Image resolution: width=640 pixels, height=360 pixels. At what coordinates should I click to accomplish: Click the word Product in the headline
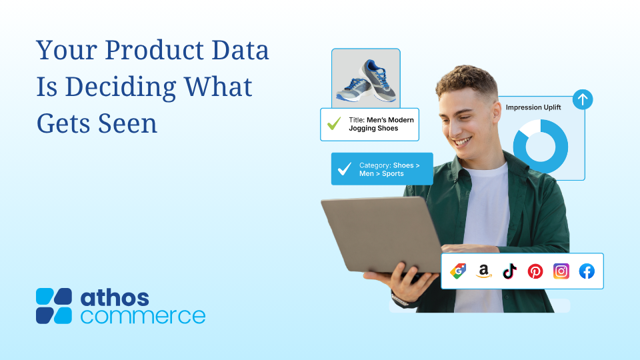pyautogui.click(x=154, y=50)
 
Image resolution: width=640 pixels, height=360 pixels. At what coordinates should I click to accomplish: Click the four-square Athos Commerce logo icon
pyautogui.click(x=54, y=306)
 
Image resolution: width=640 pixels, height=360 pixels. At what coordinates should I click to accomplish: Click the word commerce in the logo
pyautogui.click(x=143, y=316)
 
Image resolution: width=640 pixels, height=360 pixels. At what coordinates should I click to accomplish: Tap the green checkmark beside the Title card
pyautogui.click(x=334, y=123)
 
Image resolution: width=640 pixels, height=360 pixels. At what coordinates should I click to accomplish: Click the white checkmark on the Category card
pyautogui.click(x=345, y=169)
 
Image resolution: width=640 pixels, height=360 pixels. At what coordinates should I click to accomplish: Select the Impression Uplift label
pyautogui.click(x=533, y=107)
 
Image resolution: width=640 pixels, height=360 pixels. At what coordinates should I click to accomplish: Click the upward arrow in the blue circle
pyautogui.click(x=583, y=99)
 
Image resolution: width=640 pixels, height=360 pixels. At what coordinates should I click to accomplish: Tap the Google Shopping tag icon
pyautogui.click(x=458, y=271)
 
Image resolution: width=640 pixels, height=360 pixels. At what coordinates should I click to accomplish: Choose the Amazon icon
pyautogui.click(x=484, y=271)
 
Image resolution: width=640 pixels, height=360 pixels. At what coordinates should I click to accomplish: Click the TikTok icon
pyautogui.click(x=509, y=271)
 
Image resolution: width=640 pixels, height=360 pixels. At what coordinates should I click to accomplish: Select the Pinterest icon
pyautogui.click(x=535, y=271)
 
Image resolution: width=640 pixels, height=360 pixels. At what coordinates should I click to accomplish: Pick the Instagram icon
pyautogui.click(x=561, y=271)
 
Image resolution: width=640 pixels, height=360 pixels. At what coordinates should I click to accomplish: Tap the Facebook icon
pyautogui.click(x=587, y=271)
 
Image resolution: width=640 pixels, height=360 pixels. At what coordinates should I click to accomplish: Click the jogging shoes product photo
pyautogui.click(x=366, y=79)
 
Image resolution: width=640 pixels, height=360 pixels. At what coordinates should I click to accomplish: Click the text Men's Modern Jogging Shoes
pyautogui.click(x=381, y=124)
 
